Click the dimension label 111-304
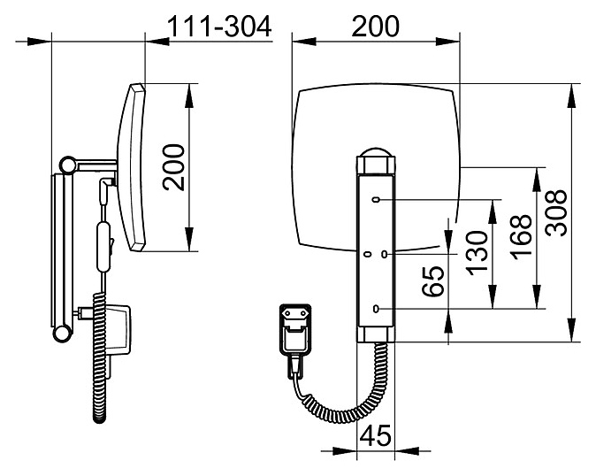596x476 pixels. (219, 27)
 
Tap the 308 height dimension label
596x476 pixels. (555, 212)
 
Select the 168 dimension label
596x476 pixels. (521, 238)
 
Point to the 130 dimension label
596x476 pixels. (477, 253)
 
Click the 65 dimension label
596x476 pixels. (433, 281)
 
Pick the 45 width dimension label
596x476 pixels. (375, 435)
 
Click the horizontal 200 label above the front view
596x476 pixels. (376, 27)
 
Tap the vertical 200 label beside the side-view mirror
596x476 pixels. (173, 167)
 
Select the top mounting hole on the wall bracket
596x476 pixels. (377, 200)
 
